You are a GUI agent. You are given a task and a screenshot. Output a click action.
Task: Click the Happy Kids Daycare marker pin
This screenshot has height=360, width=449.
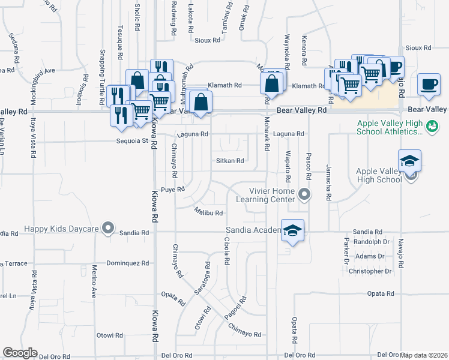tap(108, 227)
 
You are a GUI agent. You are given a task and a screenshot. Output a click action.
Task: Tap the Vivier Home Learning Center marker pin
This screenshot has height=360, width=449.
tap(304, 194)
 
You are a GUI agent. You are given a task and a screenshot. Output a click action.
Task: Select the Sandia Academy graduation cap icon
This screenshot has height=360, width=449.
tap(292, 231)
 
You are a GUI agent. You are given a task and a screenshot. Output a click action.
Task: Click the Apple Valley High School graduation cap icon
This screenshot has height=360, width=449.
tap(409, 161)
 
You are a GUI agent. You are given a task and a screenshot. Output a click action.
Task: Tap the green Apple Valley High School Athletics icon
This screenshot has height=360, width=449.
tap(431, 127)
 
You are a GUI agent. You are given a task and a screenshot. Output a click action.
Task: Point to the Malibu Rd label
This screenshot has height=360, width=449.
tap(208, 212)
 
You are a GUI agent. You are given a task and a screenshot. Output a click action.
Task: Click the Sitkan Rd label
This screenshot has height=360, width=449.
tap(230, 161)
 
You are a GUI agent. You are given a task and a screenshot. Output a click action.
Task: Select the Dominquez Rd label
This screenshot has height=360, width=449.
tap(127, 263)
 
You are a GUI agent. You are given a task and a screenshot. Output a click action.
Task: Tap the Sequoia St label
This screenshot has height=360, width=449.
tap(132, 141)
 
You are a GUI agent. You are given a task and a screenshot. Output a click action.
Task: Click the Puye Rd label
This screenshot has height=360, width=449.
tap(172, 189)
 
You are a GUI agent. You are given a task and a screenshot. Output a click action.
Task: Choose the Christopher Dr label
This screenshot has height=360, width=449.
tap(370, 271)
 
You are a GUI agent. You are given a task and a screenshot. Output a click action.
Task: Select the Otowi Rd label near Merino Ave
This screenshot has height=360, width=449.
tap(109, 335)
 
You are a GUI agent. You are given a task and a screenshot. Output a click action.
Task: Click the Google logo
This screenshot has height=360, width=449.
tap(20, 353)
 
